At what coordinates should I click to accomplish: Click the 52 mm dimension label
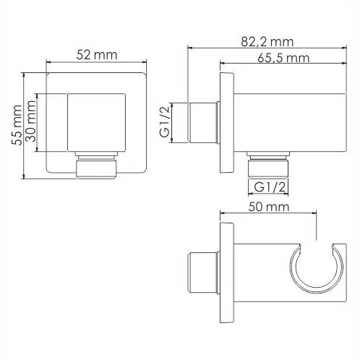[x=97, y=55]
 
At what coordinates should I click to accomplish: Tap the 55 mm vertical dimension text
[x=17, y=125]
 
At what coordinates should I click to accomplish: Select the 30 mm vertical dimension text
[x=31, y=121]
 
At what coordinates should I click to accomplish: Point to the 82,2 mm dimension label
[x=267, y=42]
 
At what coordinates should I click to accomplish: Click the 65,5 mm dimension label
[x=283, y=58]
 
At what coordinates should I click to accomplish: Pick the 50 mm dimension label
[x=269, y=207]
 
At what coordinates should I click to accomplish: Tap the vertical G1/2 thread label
[x=166, y=122]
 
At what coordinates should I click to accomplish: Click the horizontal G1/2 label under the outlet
[x=270, y=187]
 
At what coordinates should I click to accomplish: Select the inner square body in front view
[x=96, y=123]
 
